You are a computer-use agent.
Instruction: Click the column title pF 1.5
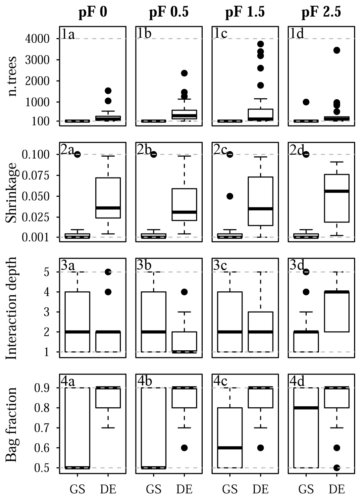(245, 12)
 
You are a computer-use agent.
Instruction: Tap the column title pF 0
(93, 12)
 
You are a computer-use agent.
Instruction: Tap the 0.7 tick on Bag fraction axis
(42, 428)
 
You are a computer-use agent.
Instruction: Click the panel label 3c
(220, 266)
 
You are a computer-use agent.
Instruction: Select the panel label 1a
(68, 34)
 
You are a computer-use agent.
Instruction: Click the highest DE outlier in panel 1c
(260, 44)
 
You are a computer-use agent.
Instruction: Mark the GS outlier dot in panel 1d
(306, 102)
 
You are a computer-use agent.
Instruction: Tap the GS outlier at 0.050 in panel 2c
(230, 196)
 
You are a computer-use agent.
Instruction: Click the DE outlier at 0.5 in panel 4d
(337, 468)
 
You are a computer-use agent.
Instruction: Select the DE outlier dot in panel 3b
(184, 292)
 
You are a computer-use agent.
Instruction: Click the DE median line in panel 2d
(337, 191)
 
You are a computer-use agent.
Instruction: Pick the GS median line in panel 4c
(230, 448)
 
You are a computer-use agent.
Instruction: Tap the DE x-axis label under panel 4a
(108, 489)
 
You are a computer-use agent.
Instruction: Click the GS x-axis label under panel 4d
(306, 489)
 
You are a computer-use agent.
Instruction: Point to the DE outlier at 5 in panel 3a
(108, 272)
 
